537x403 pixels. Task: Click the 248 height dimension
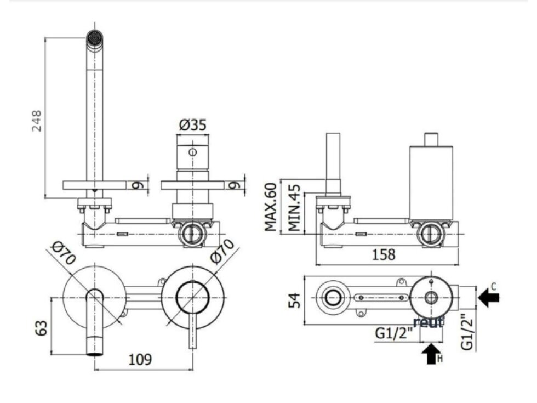(x=37, y=121)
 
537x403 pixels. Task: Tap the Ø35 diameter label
(x=193, y=125)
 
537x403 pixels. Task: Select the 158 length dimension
(x=384, y=254)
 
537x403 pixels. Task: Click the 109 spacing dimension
(x=140, y=360)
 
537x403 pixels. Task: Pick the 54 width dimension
(x=295, y=300)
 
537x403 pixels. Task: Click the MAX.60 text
(x=271, y=207)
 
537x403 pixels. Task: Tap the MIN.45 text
(x=294, y=208)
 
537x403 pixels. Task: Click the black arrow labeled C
(x=489, y=297)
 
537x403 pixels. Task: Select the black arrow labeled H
(x=431, y=354)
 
